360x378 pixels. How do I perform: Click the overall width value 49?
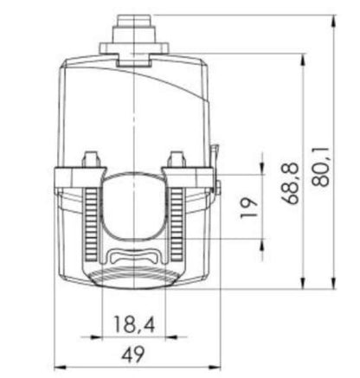133,355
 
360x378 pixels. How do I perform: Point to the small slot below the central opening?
134,256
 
